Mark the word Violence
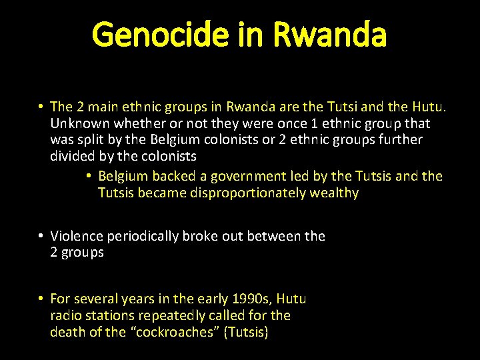pos(76,236)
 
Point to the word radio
pos(66,315)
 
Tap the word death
pos(67,332)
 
